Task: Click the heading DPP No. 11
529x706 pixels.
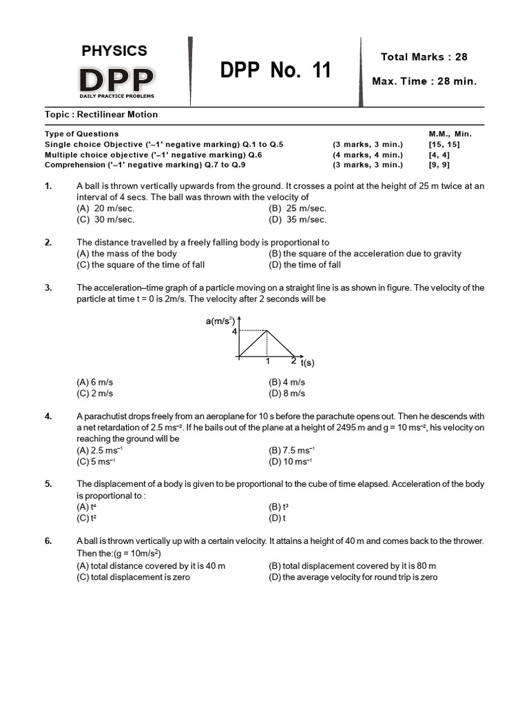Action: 276,70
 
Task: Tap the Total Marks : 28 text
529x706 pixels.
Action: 424,57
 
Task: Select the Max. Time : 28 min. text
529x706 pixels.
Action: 424,81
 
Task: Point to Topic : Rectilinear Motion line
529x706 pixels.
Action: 101,114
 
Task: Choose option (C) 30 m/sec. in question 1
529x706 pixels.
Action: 105,219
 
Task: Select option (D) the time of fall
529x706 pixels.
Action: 304,265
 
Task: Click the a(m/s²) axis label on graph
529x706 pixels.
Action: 220,321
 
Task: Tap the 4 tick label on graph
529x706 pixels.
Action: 234,332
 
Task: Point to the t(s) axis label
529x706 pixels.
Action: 307,363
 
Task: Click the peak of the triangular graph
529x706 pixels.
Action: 267,332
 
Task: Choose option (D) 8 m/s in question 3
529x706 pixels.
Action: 287,393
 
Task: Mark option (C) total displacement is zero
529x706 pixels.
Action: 133,577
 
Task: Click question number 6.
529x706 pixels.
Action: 48,541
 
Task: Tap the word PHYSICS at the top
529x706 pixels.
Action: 114,50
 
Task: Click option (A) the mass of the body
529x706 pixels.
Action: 127,254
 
